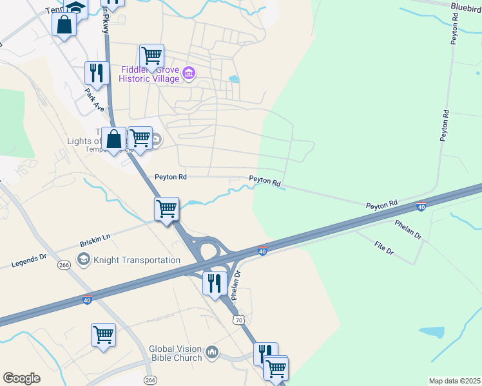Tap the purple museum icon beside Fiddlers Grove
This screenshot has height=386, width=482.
[189, 73]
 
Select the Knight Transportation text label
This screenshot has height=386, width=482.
[137, 260]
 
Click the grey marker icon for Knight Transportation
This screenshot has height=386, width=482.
[83, 260]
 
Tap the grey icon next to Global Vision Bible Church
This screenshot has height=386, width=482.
[212, 353]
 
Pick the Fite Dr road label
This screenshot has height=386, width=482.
[383, 248]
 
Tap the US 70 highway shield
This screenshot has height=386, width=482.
[238, 319]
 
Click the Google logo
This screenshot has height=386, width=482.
[21, 378]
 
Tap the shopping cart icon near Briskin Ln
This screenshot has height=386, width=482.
[166, 208]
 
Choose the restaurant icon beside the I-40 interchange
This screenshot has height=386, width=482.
[215, 282]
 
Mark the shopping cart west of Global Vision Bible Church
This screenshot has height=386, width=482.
[103, 335]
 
